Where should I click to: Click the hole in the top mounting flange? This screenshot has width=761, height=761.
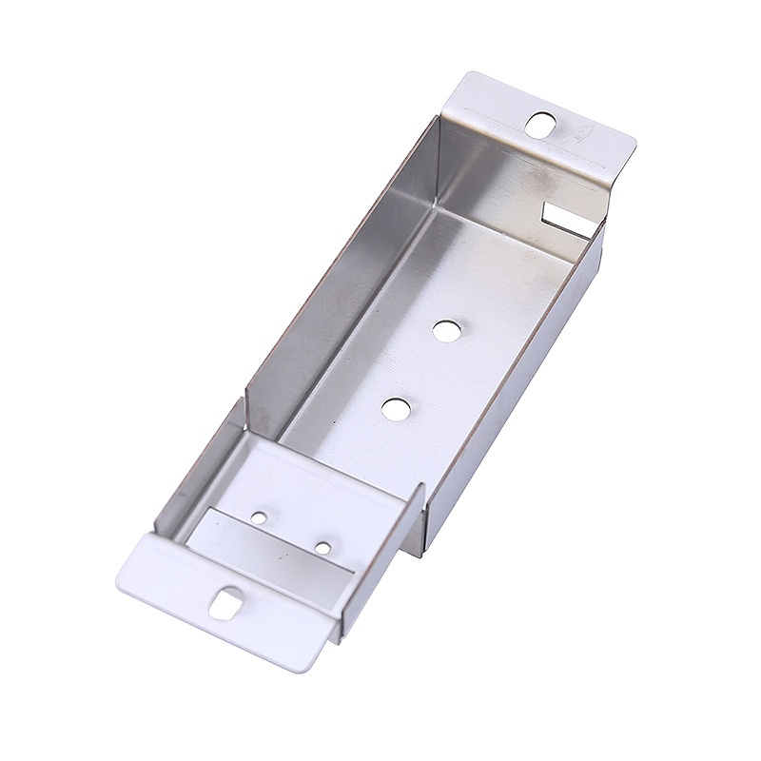[x=541, y=125]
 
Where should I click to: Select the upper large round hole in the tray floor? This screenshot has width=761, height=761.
[x=443, y=330]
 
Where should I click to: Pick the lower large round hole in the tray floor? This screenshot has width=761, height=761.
[x=395, y=409]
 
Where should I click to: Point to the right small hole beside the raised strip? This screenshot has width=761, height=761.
[x=323, y=548]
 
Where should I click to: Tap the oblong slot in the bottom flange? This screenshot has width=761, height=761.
[x=226, y=603]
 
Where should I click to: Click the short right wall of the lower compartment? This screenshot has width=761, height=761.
[x=416, y=518]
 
